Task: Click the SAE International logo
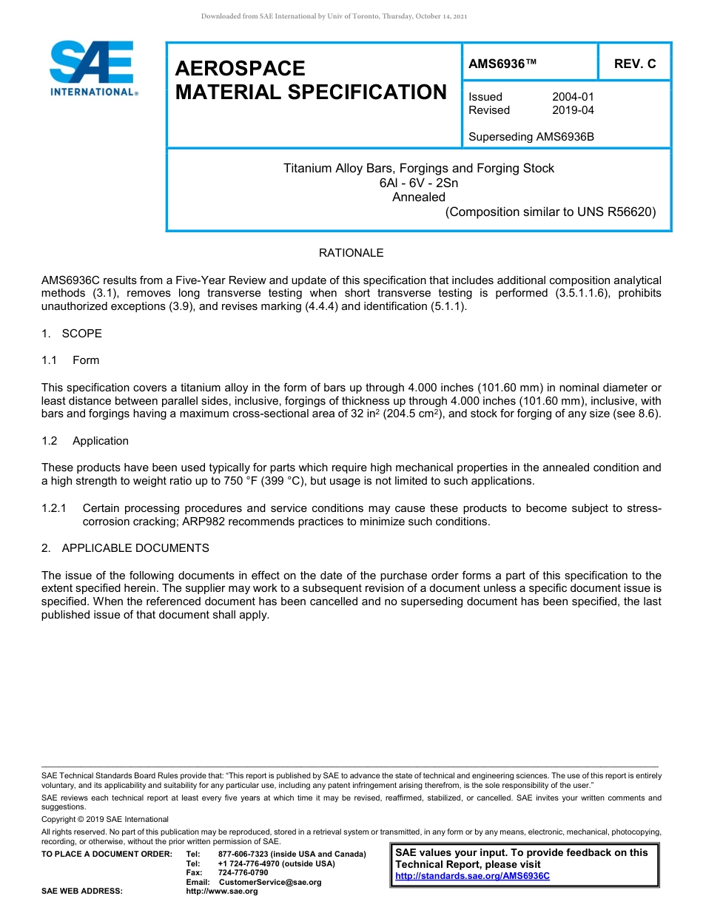[x=92, y=69]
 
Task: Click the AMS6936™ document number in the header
[x=502, y=64]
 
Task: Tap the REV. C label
[x=635, y=64]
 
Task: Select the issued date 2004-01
[x=573, y=97]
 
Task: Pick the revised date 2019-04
[x=573, y=110]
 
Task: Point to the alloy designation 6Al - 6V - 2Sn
[x=418, y=183]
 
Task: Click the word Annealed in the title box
[x=418, y=197]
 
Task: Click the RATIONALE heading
[x=351, y=253]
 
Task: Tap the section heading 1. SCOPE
[x=72, y=334]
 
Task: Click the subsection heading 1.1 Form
[x=71, y=360]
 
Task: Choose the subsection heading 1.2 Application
[x=85, y=441]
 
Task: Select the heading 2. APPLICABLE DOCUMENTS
[x=125, y=548]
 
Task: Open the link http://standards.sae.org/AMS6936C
[x=472, y=876]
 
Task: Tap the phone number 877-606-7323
[x=243, y=855]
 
